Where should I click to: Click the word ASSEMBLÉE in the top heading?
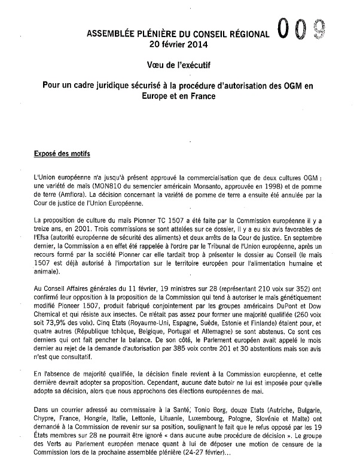point(111,35)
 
